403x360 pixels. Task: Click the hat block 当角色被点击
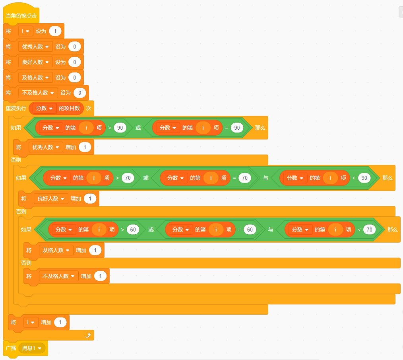click(21, 16)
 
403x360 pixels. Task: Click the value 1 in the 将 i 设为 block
click(55, 31)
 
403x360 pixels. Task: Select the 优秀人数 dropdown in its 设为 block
click(35, 47)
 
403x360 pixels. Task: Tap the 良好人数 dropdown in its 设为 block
click(35, 62)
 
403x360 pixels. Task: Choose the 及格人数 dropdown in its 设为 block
click(35, 78)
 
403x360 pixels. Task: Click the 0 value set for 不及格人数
click(79, 93)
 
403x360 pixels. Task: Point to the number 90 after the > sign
click(120, 128)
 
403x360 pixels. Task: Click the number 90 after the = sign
click(237, 128)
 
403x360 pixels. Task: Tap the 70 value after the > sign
click(128, 178)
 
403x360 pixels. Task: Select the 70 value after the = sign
click(245, 178)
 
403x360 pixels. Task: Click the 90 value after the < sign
click(364, 178)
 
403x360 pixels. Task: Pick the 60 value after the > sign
click(133, 230)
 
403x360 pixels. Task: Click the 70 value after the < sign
click(369, 230)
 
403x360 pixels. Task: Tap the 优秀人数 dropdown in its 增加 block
click(46, 147)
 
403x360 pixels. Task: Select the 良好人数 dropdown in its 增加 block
click(51, 198)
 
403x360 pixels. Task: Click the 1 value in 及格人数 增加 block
click(95, 250)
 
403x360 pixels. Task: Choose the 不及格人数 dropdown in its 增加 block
click(58, 276)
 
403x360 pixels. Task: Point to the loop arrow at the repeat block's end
click(88, 336)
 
